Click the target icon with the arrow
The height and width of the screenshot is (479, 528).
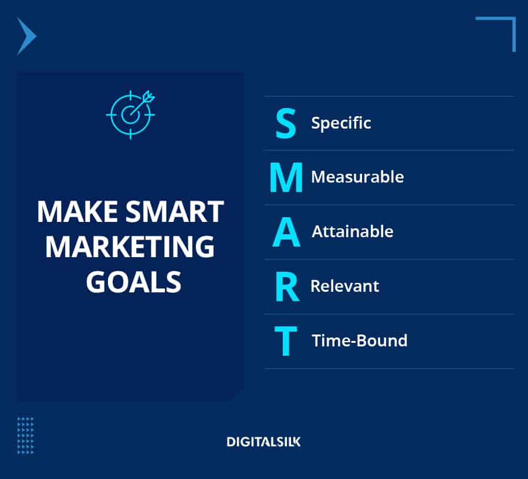pos(130,114)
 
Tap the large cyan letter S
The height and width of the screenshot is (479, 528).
pos(286,123)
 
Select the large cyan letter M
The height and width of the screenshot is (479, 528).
pos(286,177)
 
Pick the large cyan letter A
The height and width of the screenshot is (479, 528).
pos(286,232)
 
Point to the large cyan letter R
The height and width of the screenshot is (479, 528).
pos(287,286)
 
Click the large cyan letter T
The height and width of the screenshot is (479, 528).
pos(286,341)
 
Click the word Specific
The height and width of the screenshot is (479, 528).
pos(341,123)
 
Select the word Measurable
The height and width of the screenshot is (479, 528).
pos(357,177)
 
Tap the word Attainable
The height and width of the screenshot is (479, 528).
pos(352,231)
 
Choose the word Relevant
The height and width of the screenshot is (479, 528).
pos(344,286)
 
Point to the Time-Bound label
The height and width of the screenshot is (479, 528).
pos(359,340)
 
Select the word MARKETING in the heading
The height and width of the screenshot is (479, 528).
pos(130,247)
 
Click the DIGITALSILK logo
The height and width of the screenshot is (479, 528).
pos(263,441)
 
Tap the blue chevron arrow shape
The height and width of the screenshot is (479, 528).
pos(26,36)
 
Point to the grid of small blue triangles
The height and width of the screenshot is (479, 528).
pos(26,435)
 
